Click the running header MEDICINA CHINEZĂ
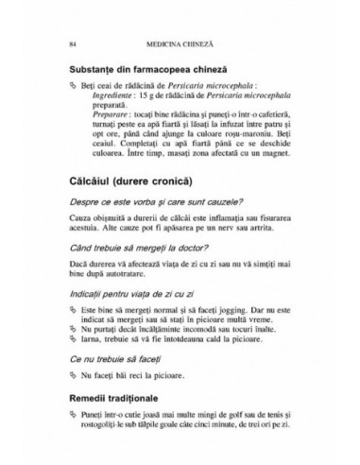[180, 43]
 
